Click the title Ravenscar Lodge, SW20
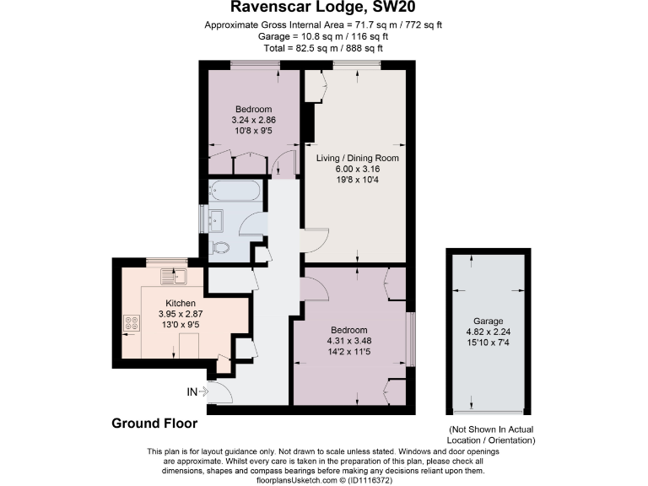pos(323,8)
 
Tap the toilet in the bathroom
pos(220,248)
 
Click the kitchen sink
pos(174,276)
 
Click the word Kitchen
pos(181,303)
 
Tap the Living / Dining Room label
pos(357,158)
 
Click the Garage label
pos(488,321)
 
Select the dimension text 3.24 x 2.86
pos(254,120)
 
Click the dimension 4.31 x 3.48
pos(348,340)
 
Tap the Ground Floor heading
pos(154,424)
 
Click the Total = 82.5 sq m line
pos(323,49)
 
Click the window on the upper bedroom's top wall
pos(250,65)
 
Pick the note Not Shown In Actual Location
pos(492,435)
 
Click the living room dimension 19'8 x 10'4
pos(357,179)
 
